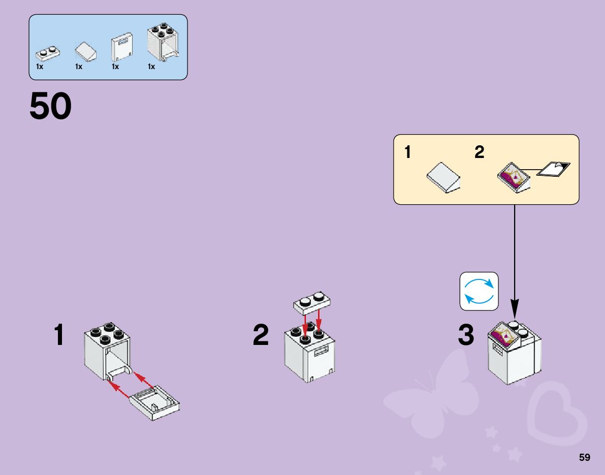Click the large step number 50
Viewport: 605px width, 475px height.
pos(51,106)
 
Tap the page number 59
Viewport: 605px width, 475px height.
pos(584,457)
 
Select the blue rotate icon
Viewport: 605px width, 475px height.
pos(479,291)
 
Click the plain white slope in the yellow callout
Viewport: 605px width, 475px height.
pos(443,178)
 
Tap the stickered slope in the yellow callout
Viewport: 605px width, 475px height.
pos(513,178)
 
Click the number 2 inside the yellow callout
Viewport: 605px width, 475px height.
pos(479,152)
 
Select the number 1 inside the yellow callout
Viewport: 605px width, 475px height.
pos(408,152)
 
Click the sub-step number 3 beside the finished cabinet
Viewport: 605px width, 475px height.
pos(466,336)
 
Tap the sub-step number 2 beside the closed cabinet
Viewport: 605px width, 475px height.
pos(261,336)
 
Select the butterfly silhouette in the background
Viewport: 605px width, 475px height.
pos(432,396)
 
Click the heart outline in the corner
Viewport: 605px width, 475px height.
pos(556,411)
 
